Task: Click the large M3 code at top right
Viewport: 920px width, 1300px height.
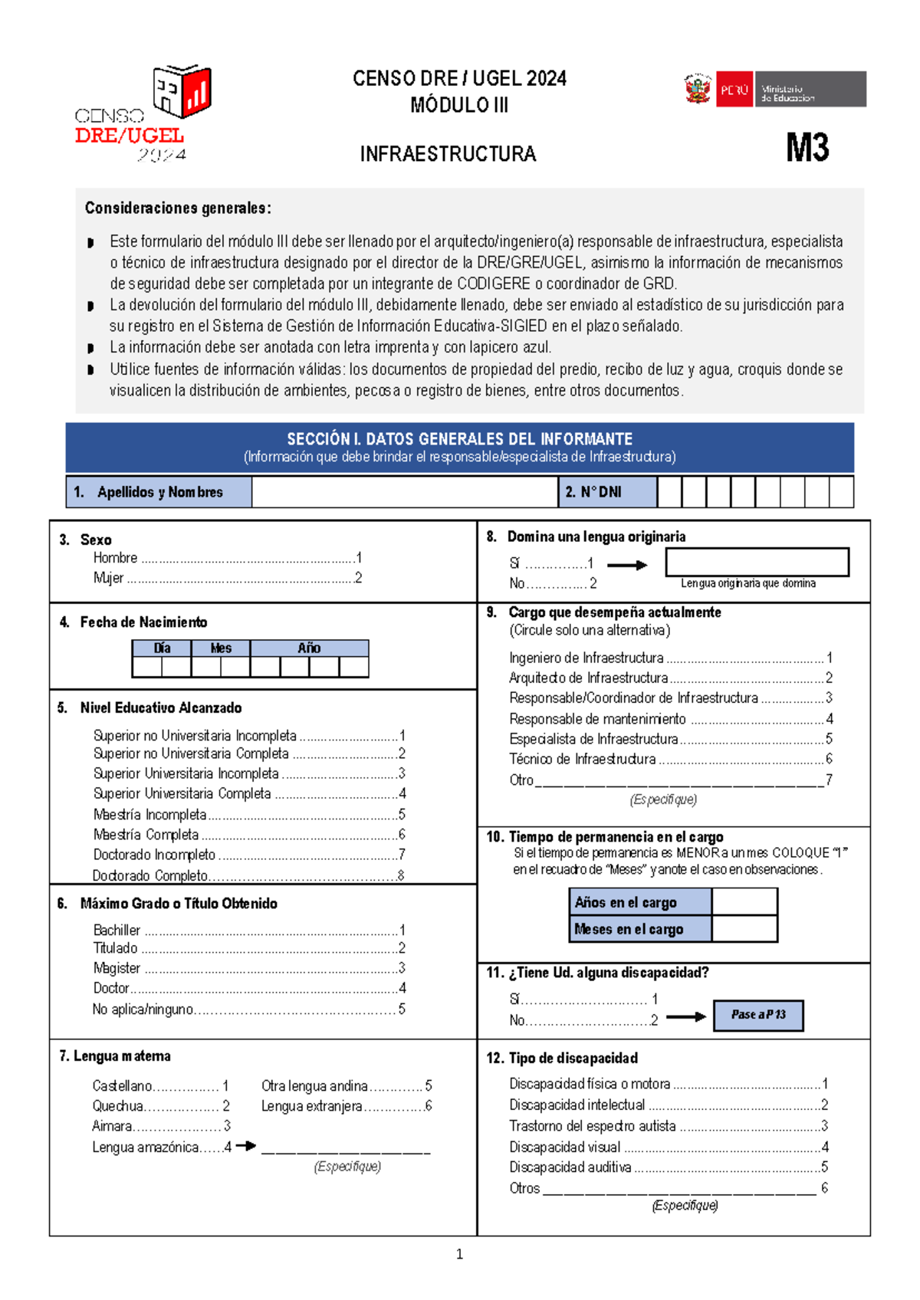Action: coord(807,147)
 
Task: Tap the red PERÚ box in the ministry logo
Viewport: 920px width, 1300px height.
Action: coord(734,90)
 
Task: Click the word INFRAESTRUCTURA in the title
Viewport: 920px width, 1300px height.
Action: coord(448,154)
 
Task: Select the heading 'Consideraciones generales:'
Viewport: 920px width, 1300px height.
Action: coord(178,208)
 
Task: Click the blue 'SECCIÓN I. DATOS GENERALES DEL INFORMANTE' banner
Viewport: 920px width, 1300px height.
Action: coord(459,447)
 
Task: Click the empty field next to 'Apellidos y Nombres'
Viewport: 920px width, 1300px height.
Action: coord(404,492)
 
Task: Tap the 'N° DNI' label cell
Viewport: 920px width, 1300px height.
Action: coord(606,492)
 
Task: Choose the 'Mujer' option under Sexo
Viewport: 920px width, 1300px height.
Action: coord(108,578)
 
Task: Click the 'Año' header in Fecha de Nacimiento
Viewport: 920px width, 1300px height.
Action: coord(309,648)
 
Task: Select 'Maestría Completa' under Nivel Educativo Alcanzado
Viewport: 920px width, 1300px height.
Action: coord(146,834)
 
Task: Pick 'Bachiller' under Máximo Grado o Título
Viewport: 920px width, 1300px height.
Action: coord(117,930)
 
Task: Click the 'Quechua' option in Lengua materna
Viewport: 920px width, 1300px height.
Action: coord(117,1106)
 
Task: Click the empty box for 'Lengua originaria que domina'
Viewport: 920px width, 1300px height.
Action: coord(757,561)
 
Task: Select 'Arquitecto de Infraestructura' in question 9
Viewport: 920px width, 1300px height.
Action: coord(588,678)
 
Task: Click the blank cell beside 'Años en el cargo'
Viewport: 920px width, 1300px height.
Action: coord(744,902)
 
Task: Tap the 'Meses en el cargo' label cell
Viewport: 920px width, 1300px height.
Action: coord(639,929)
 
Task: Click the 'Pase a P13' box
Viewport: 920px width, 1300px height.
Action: coord(757,1015)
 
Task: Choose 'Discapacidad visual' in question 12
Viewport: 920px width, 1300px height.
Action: coord(564,1147)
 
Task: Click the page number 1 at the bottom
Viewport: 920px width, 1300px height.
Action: coord(459,1255)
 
